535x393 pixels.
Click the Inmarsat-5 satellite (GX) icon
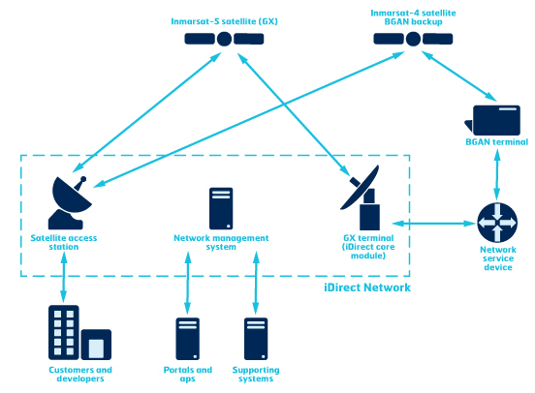[224, 40]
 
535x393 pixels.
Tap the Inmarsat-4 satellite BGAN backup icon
[414, 40]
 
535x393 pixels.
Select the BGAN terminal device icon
[497, 119]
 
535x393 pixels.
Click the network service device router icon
[497, 224]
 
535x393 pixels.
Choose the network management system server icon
[220, 208]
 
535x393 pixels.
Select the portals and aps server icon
[187, 339]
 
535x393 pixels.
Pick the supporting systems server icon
[255, 339]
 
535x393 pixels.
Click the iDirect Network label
[366, 287]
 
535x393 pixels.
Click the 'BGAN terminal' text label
[496, 141]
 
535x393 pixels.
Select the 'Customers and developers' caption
[79, 374]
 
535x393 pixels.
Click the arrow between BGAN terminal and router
[497, 175]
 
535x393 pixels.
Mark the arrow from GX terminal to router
[434, 224]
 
